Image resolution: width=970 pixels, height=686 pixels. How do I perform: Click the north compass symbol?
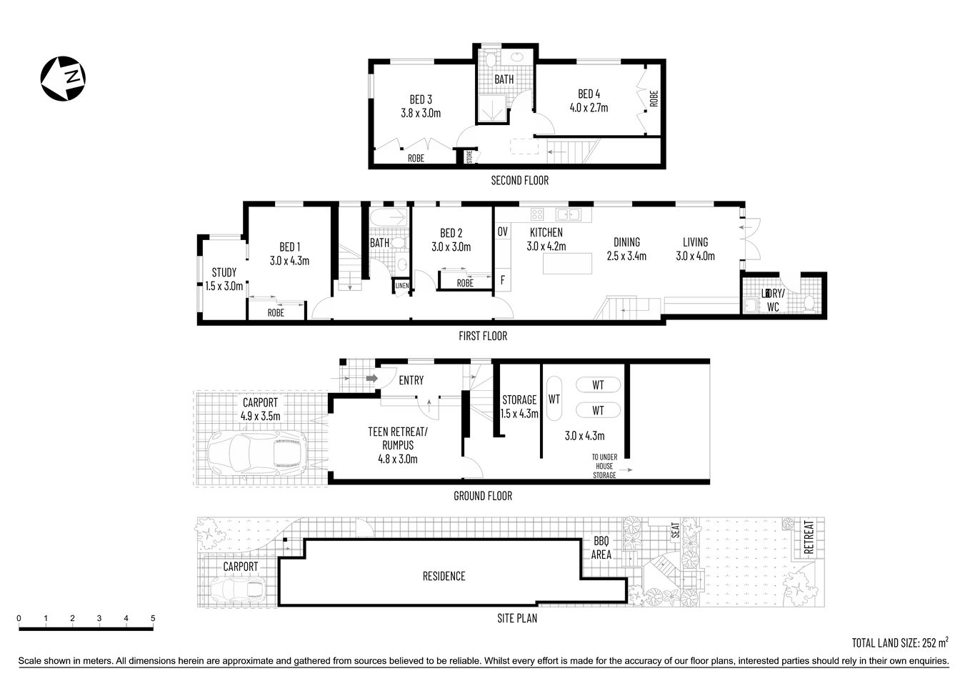(64, 76)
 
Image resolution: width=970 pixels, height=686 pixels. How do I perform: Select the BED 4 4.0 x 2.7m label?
(589, 101)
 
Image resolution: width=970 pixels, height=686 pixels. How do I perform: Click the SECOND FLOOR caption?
(519, 180)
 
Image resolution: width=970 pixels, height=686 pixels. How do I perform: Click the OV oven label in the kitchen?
(502, 232)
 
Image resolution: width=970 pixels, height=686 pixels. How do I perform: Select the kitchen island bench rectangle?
(569, 264)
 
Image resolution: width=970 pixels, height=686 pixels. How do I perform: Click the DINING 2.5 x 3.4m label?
(626, 249)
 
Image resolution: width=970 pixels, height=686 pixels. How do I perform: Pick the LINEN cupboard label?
(401, 287)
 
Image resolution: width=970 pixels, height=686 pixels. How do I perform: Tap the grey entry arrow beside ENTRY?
(371, 378)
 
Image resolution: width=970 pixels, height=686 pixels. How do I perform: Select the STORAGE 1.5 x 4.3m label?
(519, 406)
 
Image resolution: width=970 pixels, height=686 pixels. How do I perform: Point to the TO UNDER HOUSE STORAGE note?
(604, 466)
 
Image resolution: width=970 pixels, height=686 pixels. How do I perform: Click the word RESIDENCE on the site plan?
(444, 576)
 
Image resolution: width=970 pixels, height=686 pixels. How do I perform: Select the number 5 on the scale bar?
(153, 619)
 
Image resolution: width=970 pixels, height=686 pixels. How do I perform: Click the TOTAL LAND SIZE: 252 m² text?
(900, 642)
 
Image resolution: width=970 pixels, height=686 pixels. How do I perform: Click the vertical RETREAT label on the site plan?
(809, 537)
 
